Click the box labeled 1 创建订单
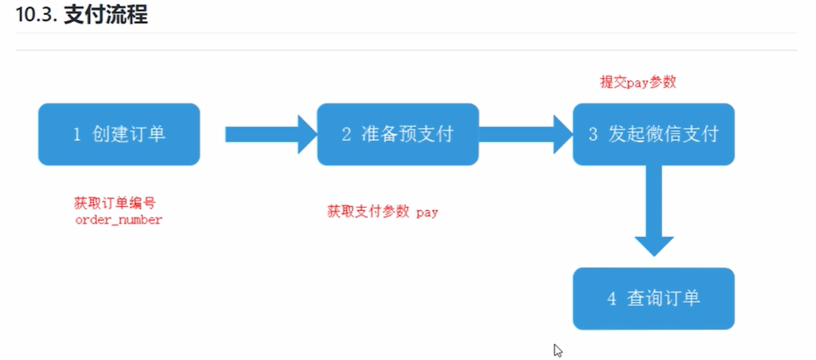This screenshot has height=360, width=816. pyautogui.click(x=119, y=134)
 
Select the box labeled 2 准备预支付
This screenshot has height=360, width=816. pyautogui.click(x=397, y=134)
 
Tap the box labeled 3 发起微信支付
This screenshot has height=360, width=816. pyautogui.click(x=653, y=134)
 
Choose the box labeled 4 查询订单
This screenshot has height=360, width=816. pyautogui.click(x=653, y=299)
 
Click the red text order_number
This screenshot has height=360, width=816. pyautogui.click(x=118, y=220)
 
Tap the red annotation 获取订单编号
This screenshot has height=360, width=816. pyautogui.click(x=114, y=203)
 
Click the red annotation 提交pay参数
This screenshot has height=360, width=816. pyautogui.click(x=638, y=82)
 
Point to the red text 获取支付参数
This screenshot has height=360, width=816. pyautogui.click(x=368, y=212)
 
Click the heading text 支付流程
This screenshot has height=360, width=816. pyautogui.click(x=106, y=15)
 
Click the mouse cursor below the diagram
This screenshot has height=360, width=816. pyautogui.click(x=557, y=351)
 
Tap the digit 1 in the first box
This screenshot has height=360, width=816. pyautogui.click(x=77, y=135)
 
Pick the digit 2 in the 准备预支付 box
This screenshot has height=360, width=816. pyautogui.click(x=346, y=135)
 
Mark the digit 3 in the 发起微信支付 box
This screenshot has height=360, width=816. pyautogui.click(x=593, y=135)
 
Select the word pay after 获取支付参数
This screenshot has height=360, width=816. pyautogui.click(x=427, y=213)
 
